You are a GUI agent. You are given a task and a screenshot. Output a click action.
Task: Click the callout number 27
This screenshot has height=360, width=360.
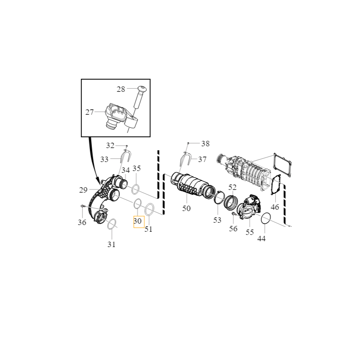[90, 112]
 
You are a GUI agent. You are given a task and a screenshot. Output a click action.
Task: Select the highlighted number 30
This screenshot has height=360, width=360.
[138, 221]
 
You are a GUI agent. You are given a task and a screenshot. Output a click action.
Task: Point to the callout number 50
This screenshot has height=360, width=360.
[186, 208]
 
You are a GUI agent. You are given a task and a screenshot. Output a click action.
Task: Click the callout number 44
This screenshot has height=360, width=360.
[261, 238]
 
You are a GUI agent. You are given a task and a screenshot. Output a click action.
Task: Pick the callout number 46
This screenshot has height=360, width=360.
[275, 207]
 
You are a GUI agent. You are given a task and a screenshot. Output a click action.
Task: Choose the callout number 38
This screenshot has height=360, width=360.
[205, 144]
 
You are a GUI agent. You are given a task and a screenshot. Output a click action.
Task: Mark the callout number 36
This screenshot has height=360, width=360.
[81, 222]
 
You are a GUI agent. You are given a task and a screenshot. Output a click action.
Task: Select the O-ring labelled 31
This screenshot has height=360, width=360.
[112, 224]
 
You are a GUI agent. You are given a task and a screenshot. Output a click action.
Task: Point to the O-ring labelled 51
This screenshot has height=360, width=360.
[149, 209]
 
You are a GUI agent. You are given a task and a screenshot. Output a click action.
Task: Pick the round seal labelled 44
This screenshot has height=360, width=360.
[265, 218]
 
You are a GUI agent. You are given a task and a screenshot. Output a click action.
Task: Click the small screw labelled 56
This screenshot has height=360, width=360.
[234, 215]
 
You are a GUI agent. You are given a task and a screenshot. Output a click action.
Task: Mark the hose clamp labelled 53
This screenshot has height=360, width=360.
[220, 198]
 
